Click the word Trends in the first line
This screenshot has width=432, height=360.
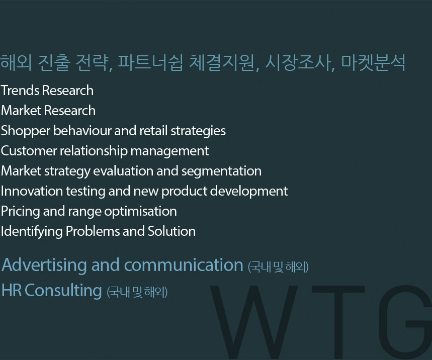coord(21,91)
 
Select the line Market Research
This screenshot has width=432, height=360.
coord(48,111)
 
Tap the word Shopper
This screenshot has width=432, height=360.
coord(26,131)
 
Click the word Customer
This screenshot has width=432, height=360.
coord(29,151)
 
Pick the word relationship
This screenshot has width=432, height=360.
coord(94,151)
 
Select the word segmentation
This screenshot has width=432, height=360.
coord(221,171)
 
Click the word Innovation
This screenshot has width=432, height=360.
coord(32,191)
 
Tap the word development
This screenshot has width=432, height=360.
coord(249,192)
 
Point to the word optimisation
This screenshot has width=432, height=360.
coord(140,212)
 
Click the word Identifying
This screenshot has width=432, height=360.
coord(32,232)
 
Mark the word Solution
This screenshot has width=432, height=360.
coord(171,231)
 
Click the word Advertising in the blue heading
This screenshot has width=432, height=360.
coord(44,265)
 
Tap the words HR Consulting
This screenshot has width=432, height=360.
coord(51,291)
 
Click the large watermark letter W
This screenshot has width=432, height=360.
coord(253,322)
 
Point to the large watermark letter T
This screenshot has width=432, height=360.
coord(338,322)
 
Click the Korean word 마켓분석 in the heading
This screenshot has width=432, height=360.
coord(373,63)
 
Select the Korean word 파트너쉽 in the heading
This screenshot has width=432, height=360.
coord(150,63)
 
